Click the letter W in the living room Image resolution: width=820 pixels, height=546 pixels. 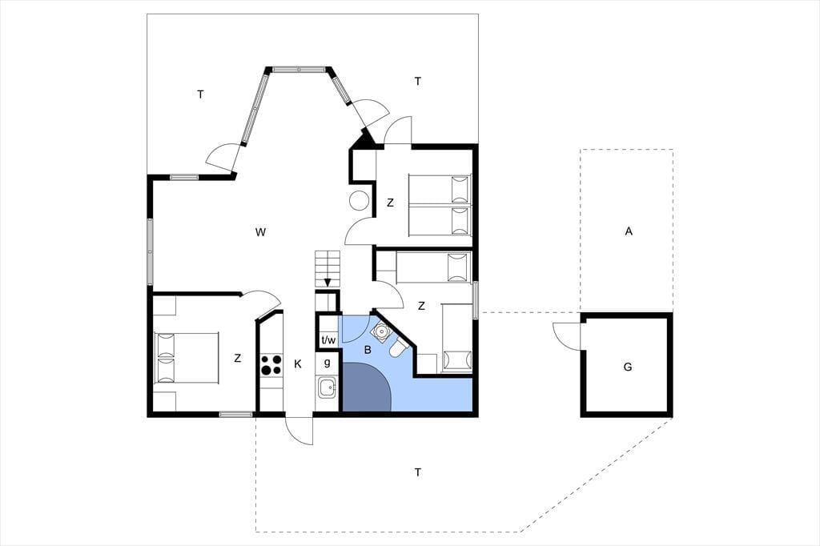[260, 232]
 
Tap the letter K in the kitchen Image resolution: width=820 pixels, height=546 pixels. [298, 364]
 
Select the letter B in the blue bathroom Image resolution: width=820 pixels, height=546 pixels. [368, 350]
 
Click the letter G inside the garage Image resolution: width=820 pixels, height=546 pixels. [628, 367]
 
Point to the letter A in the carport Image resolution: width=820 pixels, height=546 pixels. [629, 231]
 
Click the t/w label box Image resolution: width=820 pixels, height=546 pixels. [328, 340]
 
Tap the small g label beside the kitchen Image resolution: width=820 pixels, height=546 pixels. [328, 363]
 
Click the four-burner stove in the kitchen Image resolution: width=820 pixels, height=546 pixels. [271, 364]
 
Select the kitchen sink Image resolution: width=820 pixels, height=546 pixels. [327, 387]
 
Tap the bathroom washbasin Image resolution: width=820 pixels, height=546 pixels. [380, 331]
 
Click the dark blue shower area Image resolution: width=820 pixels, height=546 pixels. [365, 387]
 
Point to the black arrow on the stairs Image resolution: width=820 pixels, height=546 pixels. [328, 282]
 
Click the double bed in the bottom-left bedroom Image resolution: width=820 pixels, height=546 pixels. [186, 358]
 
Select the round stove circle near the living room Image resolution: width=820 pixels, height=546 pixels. [360, 200]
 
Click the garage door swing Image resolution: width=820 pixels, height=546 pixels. [566, 336]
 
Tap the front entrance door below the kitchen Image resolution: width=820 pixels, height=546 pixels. [299, 431]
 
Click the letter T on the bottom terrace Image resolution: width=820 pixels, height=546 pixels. [417, 473]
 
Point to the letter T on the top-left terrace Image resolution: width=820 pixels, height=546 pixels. [200, 94]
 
